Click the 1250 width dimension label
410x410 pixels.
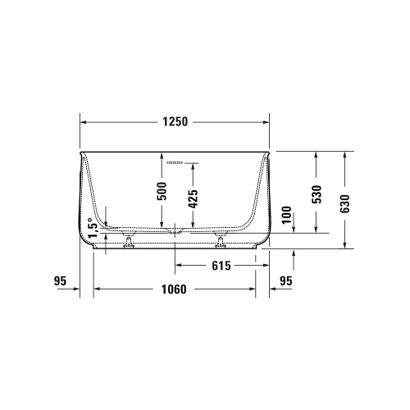[175, 122]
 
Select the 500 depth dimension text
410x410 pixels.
[162, 191]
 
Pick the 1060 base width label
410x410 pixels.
[175, 289]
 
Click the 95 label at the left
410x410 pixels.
[60, 280]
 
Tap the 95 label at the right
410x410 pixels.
[285, 280]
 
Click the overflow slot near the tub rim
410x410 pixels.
[175, 163]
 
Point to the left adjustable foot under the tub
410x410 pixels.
[130, 242]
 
